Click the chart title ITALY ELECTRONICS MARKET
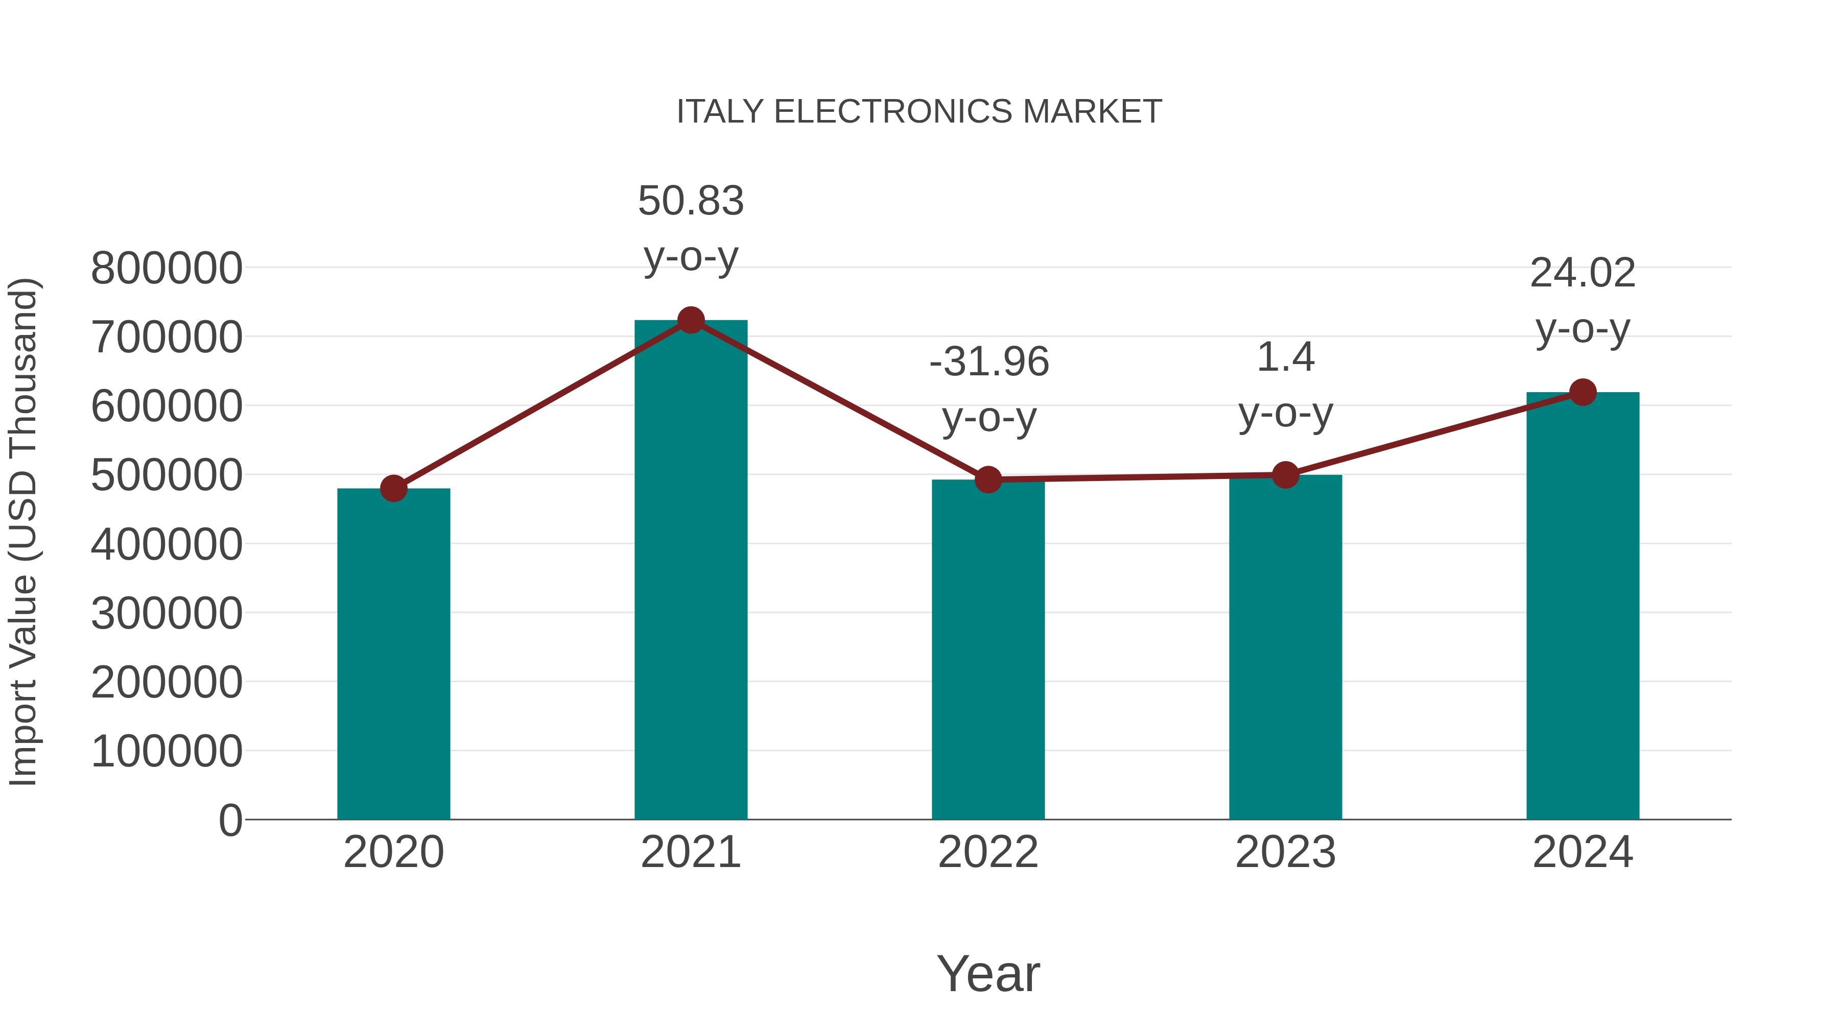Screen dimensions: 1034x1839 coord(919,111)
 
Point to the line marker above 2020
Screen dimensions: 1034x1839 coord(393,489)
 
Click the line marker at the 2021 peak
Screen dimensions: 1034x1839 coord(690,320)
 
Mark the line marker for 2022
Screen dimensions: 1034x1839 coord(988,479)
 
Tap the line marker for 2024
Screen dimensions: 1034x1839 coord(1583,392)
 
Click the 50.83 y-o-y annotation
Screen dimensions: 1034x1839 coord(690,228)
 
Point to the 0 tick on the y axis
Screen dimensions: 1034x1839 coord(230,820)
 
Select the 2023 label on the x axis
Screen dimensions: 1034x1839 coord(1285,852)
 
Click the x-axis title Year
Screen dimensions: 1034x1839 coord(988,973)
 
